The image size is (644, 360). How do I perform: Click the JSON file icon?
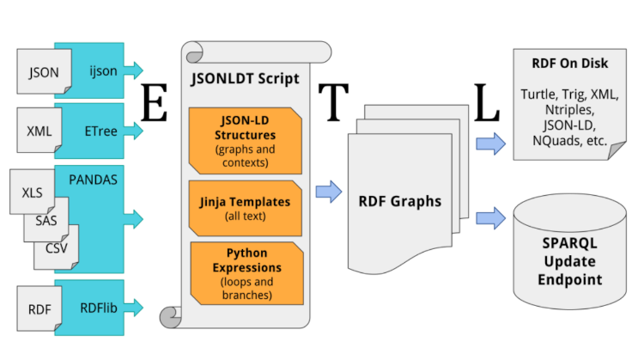[44, 72]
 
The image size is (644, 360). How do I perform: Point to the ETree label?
[101, 131]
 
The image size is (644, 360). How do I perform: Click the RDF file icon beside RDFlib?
[39, 308]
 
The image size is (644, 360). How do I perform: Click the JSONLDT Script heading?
[246, 79]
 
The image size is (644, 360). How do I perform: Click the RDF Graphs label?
[400, 203]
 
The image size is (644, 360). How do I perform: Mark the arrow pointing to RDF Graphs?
[328, 192]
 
